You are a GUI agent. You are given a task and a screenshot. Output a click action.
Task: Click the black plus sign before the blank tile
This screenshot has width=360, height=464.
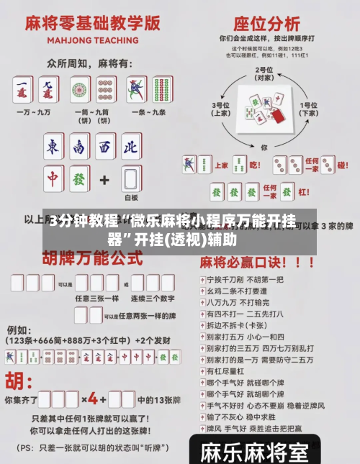pos(104,178)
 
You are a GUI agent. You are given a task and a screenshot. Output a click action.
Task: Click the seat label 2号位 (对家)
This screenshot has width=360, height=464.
pos(264,72)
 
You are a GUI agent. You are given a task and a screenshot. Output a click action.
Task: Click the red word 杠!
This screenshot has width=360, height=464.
pos(305,192)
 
